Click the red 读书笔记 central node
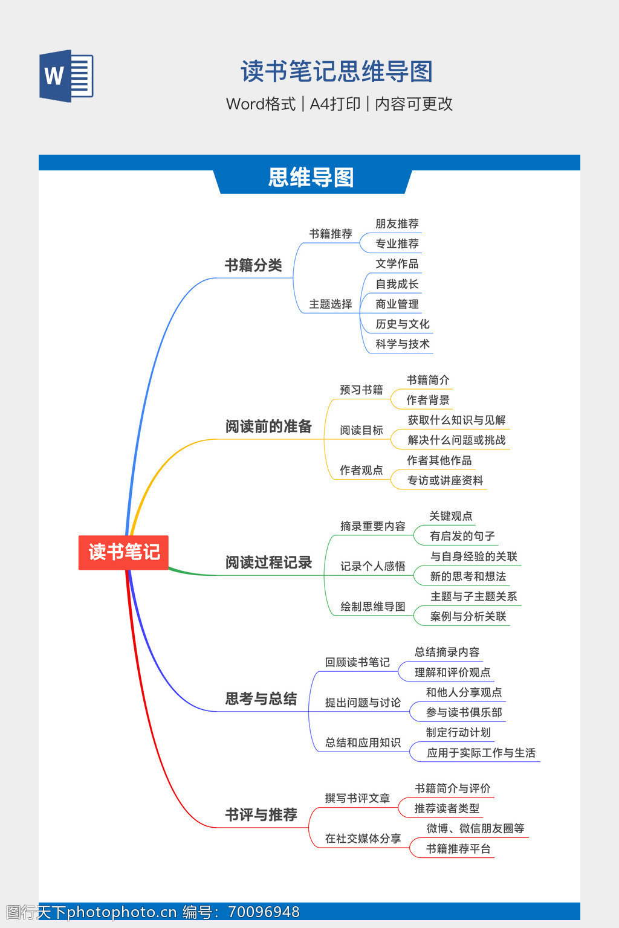click(x=123, y=552)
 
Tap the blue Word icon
click(x=66, y=76)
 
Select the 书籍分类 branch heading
click(x=253, y=265)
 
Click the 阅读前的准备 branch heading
click(x=268, y=427)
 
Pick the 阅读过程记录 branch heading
click(x=268, y=562)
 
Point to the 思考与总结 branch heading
click(x=261, y=699)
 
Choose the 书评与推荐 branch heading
click(x=261, y=815)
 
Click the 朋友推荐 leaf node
click(x=397, y=224)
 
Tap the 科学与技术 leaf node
click(x=402, y=344)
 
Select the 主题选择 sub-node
click(x=330, y=304)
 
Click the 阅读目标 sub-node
click(x=361, y=430)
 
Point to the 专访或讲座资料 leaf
click(x=445, y=480)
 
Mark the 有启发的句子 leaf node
click(x=462, y=536)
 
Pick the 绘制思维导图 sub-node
click(x=372, y=607)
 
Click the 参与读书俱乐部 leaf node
click(x=464, y=712)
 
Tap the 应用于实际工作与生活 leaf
click(x=481, y=753)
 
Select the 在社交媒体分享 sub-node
click(x=363, y=839)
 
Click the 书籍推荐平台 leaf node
click(x=458, y=849)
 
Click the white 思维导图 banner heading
click(x=311, y=178)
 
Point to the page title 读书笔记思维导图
click(x=337, y=71)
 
